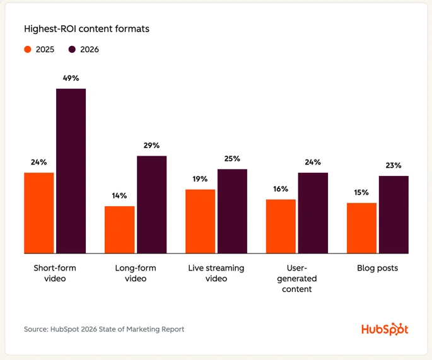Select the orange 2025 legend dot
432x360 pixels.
point(28,49)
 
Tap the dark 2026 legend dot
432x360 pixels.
point(72,49)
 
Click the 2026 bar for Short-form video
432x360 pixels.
point(71,171)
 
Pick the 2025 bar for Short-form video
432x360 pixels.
point(39,212)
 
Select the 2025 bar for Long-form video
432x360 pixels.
point(119,229)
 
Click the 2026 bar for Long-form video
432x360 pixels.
point(151,204)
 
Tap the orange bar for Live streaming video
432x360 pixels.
point(200,221)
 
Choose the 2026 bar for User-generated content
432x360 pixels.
point(313,212)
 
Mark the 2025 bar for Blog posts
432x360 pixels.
point(361,228)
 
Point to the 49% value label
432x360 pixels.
point(71,78)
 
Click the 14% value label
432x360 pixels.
point(119,195)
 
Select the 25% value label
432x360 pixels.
point(232,159)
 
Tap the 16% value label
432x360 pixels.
point(281,189)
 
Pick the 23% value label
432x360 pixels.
point(394,165)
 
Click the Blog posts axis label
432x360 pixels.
point(378,268)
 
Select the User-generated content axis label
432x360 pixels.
point(296,278)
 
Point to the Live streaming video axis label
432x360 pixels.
point(216,273)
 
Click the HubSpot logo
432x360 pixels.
point(385,329)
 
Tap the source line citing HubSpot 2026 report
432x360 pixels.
point(104,329)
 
